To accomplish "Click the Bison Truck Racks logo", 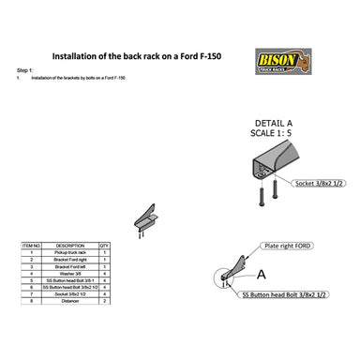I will pos(278,61).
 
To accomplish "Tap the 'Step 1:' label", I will pos(25,70).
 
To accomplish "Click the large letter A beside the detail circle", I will pos(262,275).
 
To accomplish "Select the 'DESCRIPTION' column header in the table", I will pos(70,245).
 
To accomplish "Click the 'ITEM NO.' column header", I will pos(31,245).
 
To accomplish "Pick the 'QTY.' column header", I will pos(104,245).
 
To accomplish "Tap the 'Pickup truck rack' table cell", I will pos(70,252).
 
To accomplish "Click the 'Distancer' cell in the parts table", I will pos(70,302).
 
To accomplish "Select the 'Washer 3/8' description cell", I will pos(70,273).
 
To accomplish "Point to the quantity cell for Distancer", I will pos(104,302).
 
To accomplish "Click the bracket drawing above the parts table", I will pos(144,217).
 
